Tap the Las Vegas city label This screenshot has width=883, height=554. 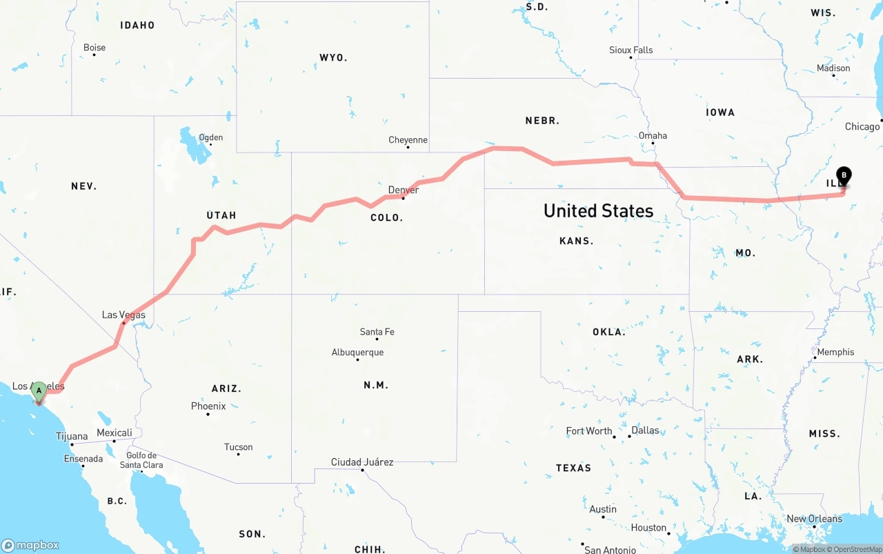(123, 315)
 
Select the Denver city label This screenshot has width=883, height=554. (403, 190)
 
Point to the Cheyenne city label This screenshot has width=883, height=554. (408, 140)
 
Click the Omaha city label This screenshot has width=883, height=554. (653, 135)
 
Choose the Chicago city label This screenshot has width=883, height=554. (862, 126)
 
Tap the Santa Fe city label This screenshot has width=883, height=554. (377, 332)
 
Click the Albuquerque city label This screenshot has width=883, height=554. (357, 353)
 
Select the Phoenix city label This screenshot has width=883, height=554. (208, 406)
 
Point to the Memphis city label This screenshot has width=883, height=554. (835, 352)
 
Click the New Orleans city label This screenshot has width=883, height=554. (814, 519)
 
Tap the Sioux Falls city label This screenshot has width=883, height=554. (631, 50)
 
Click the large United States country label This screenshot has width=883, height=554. (598, 210)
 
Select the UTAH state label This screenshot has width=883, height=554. (221, 215)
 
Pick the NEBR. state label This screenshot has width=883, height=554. (542, 120)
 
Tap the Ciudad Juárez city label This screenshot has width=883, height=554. (362, 462)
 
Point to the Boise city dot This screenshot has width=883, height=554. (94, 55)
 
